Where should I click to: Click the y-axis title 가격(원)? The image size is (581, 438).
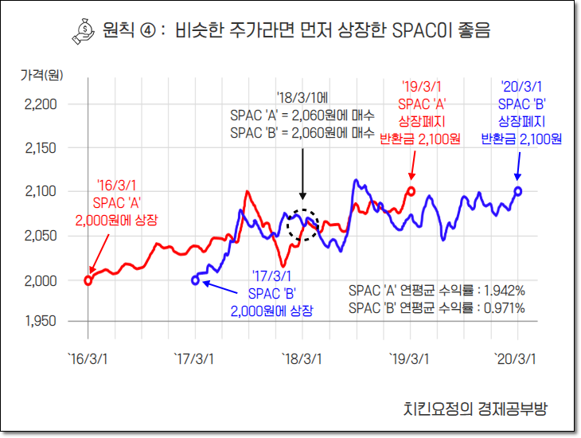pos(41,74)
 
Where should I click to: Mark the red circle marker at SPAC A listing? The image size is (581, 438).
pos(88,280)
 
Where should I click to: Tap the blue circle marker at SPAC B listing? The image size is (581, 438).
pos(196,280)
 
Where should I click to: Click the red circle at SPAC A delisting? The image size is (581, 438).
pos(411,191)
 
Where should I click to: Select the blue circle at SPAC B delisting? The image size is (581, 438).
pos(518,191)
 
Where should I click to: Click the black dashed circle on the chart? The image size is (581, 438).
pos(302,225)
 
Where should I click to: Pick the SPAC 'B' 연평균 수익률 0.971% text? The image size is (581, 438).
pos(437,308)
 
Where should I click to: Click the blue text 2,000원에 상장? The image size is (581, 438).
pos(271,311)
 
